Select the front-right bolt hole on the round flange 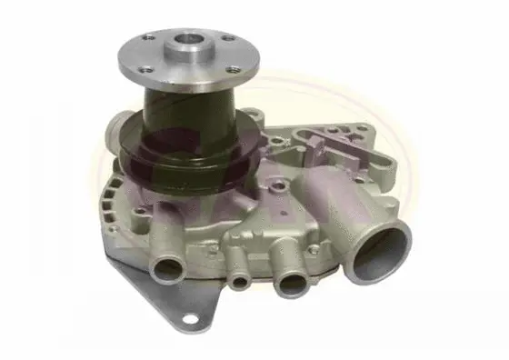click(x=236, y=65)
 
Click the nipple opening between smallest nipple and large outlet click(x=292, y=283)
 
